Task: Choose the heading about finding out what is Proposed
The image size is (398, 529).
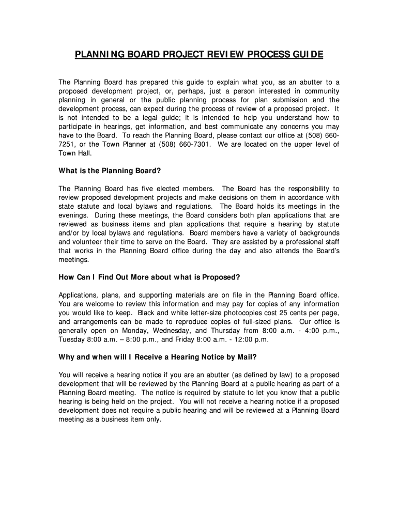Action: coord(149,277)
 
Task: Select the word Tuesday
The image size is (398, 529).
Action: coord(72,339)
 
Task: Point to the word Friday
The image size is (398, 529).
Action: coord(174,339)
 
